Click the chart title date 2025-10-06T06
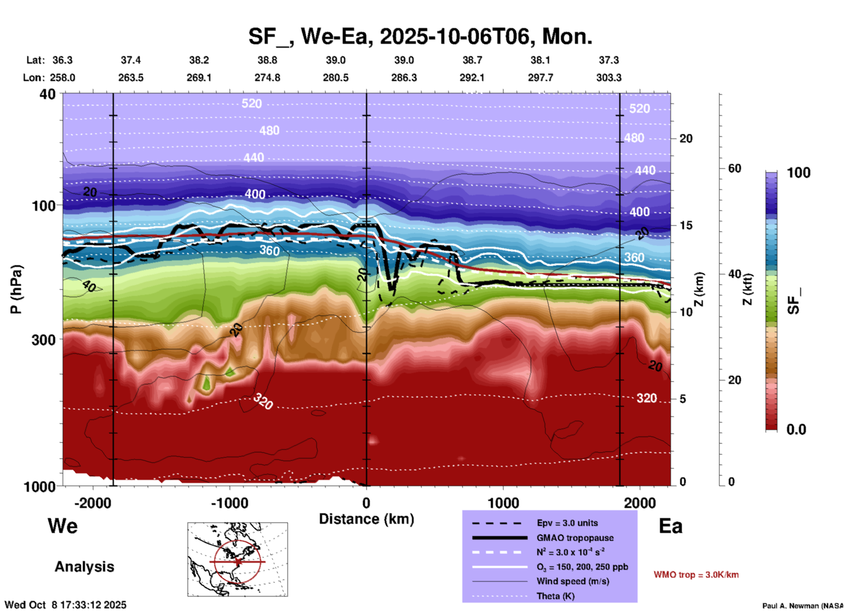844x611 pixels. (x=454, y=36)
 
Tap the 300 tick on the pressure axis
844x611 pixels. (x=44, y=340)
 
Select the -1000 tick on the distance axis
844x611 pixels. (x=230, y=503)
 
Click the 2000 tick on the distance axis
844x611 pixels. (x=640, y=503)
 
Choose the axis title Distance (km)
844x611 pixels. (x=366, y=519)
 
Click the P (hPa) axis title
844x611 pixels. (x=16, y=289)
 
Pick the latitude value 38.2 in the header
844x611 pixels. (x=199, y=60)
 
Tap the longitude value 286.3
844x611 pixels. (x=404, y=78)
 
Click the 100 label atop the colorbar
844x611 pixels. (x=798, y=173)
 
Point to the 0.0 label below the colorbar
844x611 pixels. (x=796, y=429)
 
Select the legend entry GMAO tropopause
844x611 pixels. (x=575, y=538)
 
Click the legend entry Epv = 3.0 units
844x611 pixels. (x=567, y=523)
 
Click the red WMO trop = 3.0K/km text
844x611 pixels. (x=696, y=575)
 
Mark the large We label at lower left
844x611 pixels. (x=63, y=526)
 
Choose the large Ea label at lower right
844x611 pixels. (x=670, y=526)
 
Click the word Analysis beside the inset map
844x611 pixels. (x=84, y=567)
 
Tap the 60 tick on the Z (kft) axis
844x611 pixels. (x=734, y=168)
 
